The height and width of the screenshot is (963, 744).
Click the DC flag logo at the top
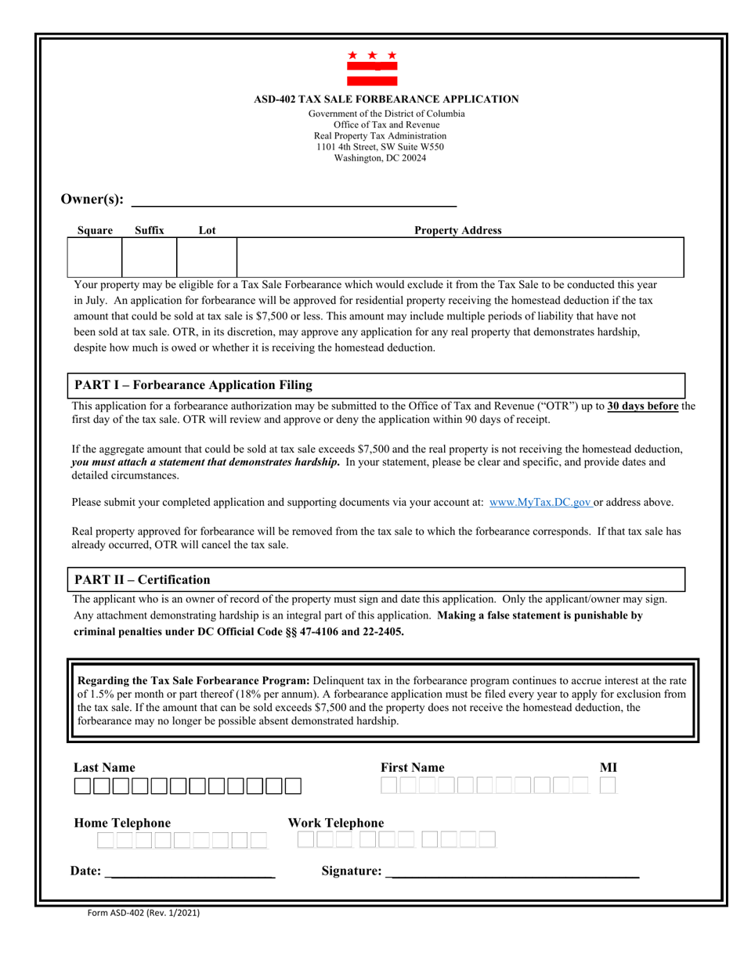[x=372, y=68]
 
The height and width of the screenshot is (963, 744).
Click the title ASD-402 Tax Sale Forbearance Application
[x=386, y=99]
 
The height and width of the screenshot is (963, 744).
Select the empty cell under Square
[x=96, y=258]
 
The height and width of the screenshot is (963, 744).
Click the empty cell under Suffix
[x=150, y=258]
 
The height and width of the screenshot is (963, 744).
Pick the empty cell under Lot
[x=207, y=258]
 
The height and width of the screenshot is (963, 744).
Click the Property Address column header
[x=457, y=230]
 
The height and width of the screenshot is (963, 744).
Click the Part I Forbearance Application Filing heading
[x=193, y=385]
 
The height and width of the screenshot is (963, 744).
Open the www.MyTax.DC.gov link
[x=540, y=503]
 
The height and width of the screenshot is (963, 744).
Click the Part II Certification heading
[x=142, y=579]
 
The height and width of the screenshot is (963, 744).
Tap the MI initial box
[x=609, y=785]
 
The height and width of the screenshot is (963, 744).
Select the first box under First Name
[x=389, y=785]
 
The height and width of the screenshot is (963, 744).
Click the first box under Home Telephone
[x=106, y=841]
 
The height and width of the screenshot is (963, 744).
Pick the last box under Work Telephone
[x=487, y=840]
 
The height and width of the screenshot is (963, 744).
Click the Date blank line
[x=192, y=872]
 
